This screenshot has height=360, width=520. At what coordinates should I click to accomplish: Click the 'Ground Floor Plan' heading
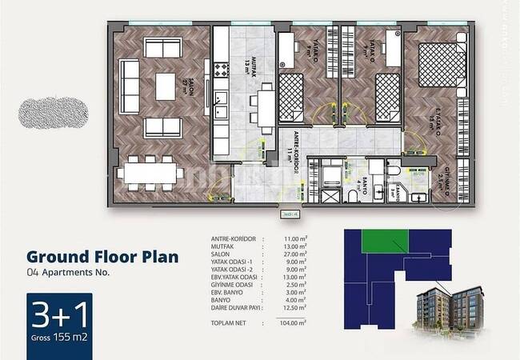coord(102,257)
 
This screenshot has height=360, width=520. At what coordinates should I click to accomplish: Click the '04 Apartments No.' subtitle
coord(68,272)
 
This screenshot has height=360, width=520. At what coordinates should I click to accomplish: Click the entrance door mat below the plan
coord(289,214)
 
